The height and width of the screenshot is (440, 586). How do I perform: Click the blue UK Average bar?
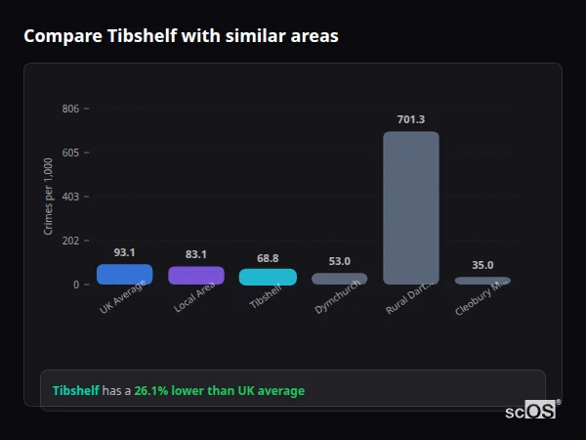coord(124,275)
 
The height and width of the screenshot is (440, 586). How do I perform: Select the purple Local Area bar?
coord(196,276)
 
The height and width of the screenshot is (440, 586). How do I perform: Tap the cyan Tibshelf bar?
coord(268,277)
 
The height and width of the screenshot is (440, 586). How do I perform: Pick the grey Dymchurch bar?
coord(340,279)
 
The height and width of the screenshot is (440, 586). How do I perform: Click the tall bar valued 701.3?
coord(411,207)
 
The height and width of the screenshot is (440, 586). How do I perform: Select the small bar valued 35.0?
coord(482,281)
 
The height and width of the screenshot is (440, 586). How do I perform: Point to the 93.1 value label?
coord(124,252)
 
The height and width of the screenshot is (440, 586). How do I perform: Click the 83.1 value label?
coord(196,254)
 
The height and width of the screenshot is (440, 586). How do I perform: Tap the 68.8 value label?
coord(268,258)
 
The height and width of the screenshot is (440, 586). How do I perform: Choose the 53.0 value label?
coord(340,261)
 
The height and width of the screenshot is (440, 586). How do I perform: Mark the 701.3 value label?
coord(411,119)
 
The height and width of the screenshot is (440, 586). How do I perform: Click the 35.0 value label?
coord(482,265)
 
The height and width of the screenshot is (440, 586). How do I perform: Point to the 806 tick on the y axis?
coord(69,109)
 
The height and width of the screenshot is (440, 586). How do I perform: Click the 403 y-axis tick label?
coord(69,197)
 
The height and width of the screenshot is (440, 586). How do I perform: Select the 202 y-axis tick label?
coord(69,241)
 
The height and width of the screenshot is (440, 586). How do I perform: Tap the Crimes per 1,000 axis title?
coord(49,197)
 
